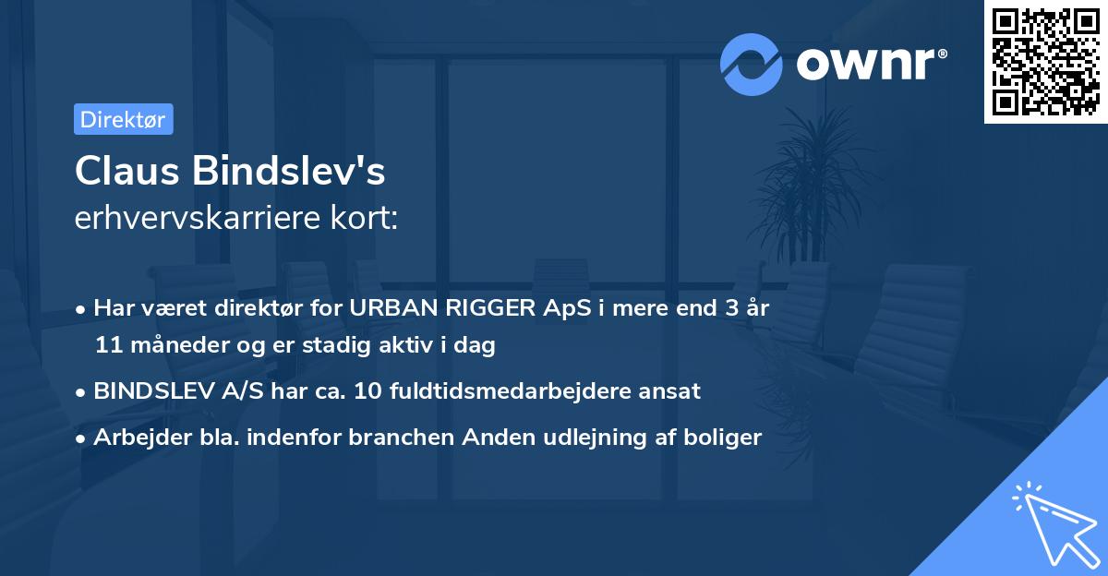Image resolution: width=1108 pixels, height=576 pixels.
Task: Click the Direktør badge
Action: point(123,119)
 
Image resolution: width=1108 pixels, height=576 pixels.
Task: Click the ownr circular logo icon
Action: point(752,65)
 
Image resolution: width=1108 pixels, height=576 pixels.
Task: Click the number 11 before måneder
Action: point(106,346)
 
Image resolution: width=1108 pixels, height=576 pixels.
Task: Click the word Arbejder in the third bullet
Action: point(136,438)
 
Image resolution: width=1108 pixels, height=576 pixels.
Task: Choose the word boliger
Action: point(727,438)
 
